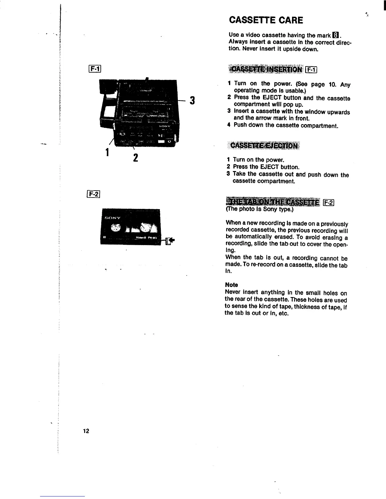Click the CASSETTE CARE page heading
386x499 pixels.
[266, 20]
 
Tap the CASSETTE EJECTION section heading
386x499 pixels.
[264, 145]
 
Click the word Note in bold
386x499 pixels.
[231, 285]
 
